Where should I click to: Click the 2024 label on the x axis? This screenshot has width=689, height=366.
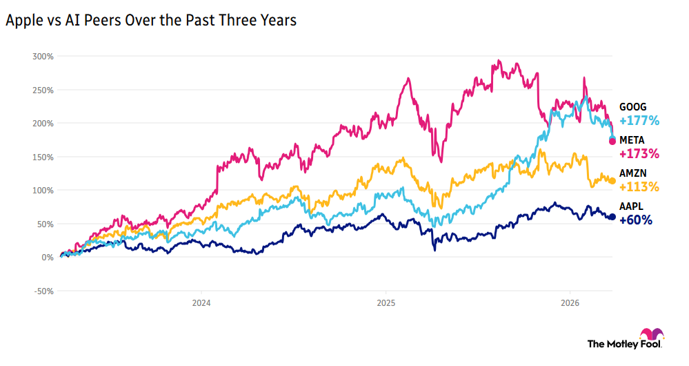pos(201,302)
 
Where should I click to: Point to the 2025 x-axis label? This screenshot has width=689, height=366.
pos(386,302)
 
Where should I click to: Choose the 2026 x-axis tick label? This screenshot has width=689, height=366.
pos(570,302)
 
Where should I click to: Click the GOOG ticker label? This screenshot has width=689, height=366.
pos(632,107)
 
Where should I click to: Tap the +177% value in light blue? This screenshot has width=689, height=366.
pos(639,121)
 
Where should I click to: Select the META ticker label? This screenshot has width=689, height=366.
pos(632,140)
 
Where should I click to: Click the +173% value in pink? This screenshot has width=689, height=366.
pos(639,153)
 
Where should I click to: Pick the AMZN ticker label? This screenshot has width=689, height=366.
pos(632,173)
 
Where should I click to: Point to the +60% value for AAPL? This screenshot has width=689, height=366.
pos(636,220)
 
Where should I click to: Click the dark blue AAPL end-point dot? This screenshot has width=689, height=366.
pos(612,217)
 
